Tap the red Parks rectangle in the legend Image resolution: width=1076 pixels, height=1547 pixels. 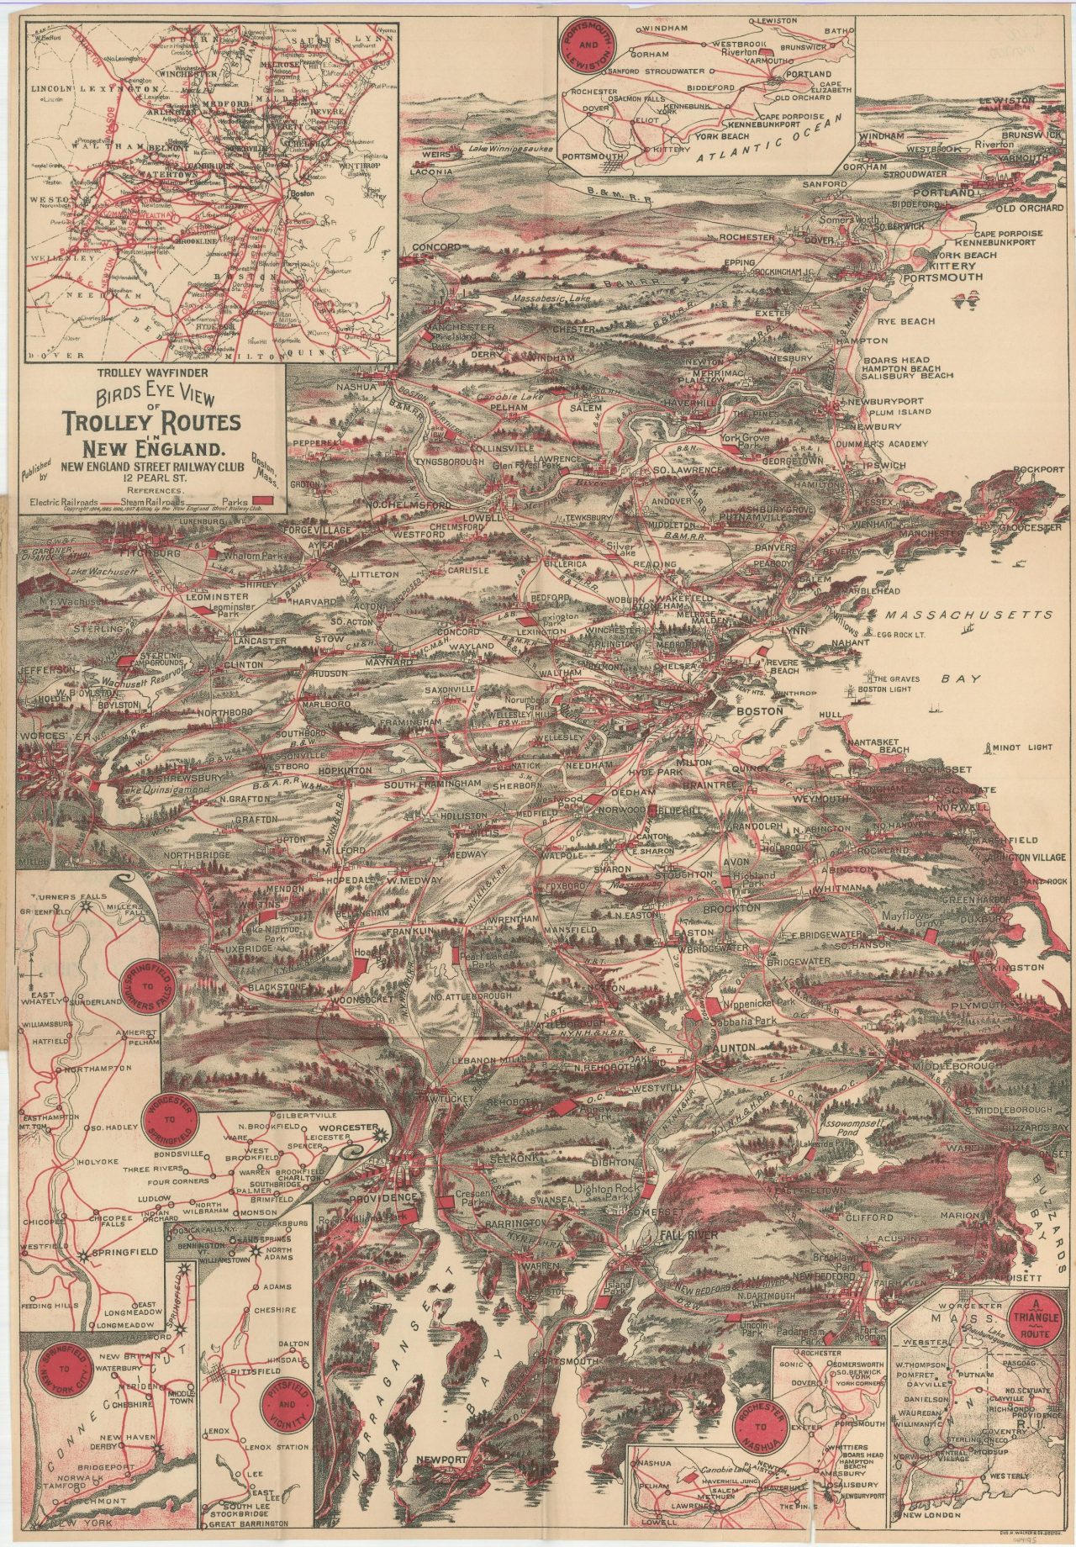pos(265,501)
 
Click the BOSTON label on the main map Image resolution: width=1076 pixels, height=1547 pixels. pos(759,710)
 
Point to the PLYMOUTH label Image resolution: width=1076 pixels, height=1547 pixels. pos(979,1005)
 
